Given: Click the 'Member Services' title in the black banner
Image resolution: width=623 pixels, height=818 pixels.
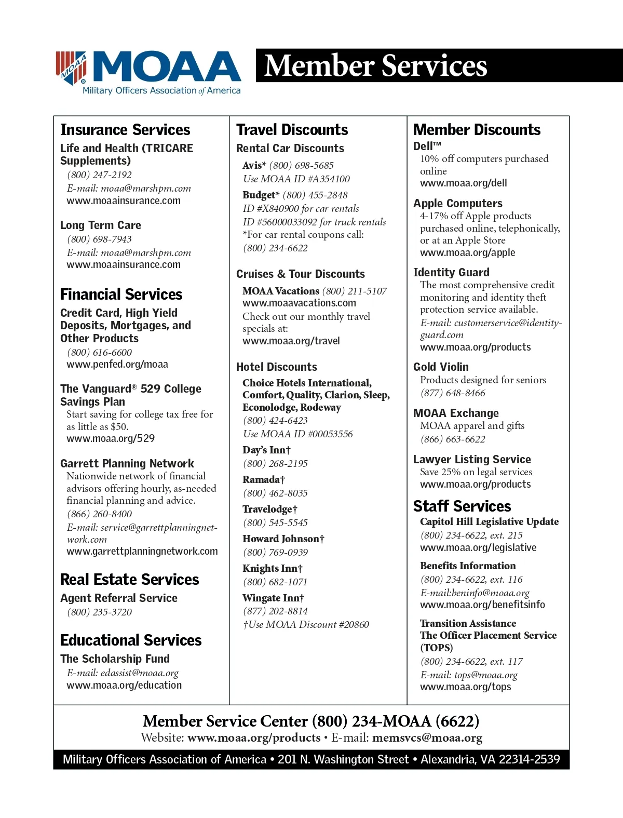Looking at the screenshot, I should (x=375, y=66).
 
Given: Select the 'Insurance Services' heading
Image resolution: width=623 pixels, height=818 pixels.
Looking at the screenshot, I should (x=125, y=129).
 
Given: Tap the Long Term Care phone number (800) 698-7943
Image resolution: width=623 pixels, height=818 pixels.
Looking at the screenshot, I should (x=99, y=239).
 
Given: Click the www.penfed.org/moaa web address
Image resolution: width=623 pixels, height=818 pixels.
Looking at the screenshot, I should (x=117, y=364).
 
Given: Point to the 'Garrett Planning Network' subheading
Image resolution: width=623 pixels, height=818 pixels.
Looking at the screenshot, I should (x=127, y=463).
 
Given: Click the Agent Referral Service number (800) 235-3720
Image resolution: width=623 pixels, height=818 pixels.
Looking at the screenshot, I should (x=99, y=612).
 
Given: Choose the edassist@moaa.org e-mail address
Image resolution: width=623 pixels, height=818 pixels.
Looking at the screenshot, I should (x=139, y=673).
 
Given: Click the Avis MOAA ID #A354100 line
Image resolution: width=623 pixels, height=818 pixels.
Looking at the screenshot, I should (x=296, y=179).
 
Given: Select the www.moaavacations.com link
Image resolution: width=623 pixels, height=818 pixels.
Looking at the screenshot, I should (x=299, y=303).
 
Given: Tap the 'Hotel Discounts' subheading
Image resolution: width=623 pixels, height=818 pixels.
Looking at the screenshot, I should (x=276, y=367).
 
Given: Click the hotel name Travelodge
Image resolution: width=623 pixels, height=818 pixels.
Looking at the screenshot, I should (x=267, y=509).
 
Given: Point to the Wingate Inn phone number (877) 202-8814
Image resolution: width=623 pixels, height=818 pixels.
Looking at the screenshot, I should (x=275, y=611).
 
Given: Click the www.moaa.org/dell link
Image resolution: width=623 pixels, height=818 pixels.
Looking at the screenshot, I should (x=463, y=183).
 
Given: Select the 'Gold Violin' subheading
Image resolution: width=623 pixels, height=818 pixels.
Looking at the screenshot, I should (x=441, y=367).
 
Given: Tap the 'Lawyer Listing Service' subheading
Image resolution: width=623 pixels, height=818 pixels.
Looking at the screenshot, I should (x=472, y=459).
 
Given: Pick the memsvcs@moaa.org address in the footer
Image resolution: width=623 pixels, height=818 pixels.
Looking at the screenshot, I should (x=427, y=737).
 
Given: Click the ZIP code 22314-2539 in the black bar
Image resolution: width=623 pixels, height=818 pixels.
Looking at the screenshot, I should (x=529, y=759).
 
